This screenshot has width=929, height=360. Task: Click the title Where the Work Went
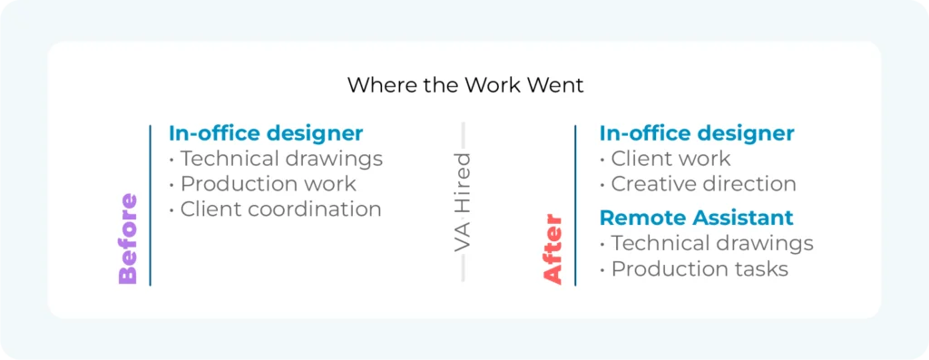click(x=464, y=85)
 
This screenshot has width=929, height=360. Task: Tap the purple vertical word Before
click(x=128, y=239)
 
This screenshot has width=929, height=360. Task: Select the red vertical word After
click(x=553, y=249)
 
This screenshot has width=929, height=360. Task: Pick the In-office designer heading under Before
click(x=266, y=133)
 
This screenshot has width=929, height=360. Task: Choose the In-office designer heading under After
click(x=697, y=133)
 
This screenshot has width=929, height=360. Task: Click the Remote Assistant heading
click(x=697, y=218)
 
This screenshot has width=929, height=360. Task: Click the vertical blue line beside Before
click(x=150, y=205)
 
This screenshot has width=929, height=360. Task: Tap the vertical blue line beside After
click(x=575, y=205)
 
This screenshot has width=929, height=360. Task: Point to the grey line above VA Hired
click(x=464, y=136)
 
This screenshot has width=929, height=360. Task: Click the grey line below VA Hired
click(x=464, y=270)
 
